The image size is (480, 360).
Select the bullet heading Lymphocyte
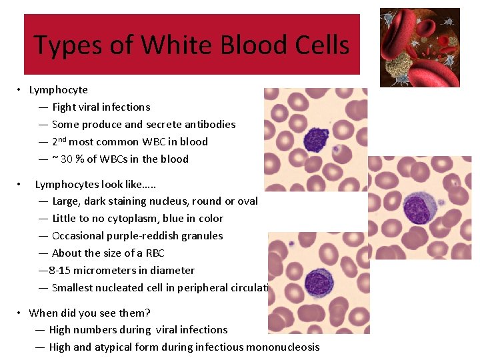(x=59, y=89)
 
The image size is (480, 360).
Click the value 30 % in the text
(x=73, y=159)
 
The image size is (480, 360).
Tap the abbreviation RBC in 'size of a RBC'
(x=153, y=253)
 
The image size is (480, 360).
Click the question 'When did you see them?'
(x=89, y=313)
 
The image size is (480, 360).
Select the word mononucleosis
(x=283, y=347)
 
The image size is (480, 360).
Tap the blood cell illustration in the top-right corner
(x=419, y=47)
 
